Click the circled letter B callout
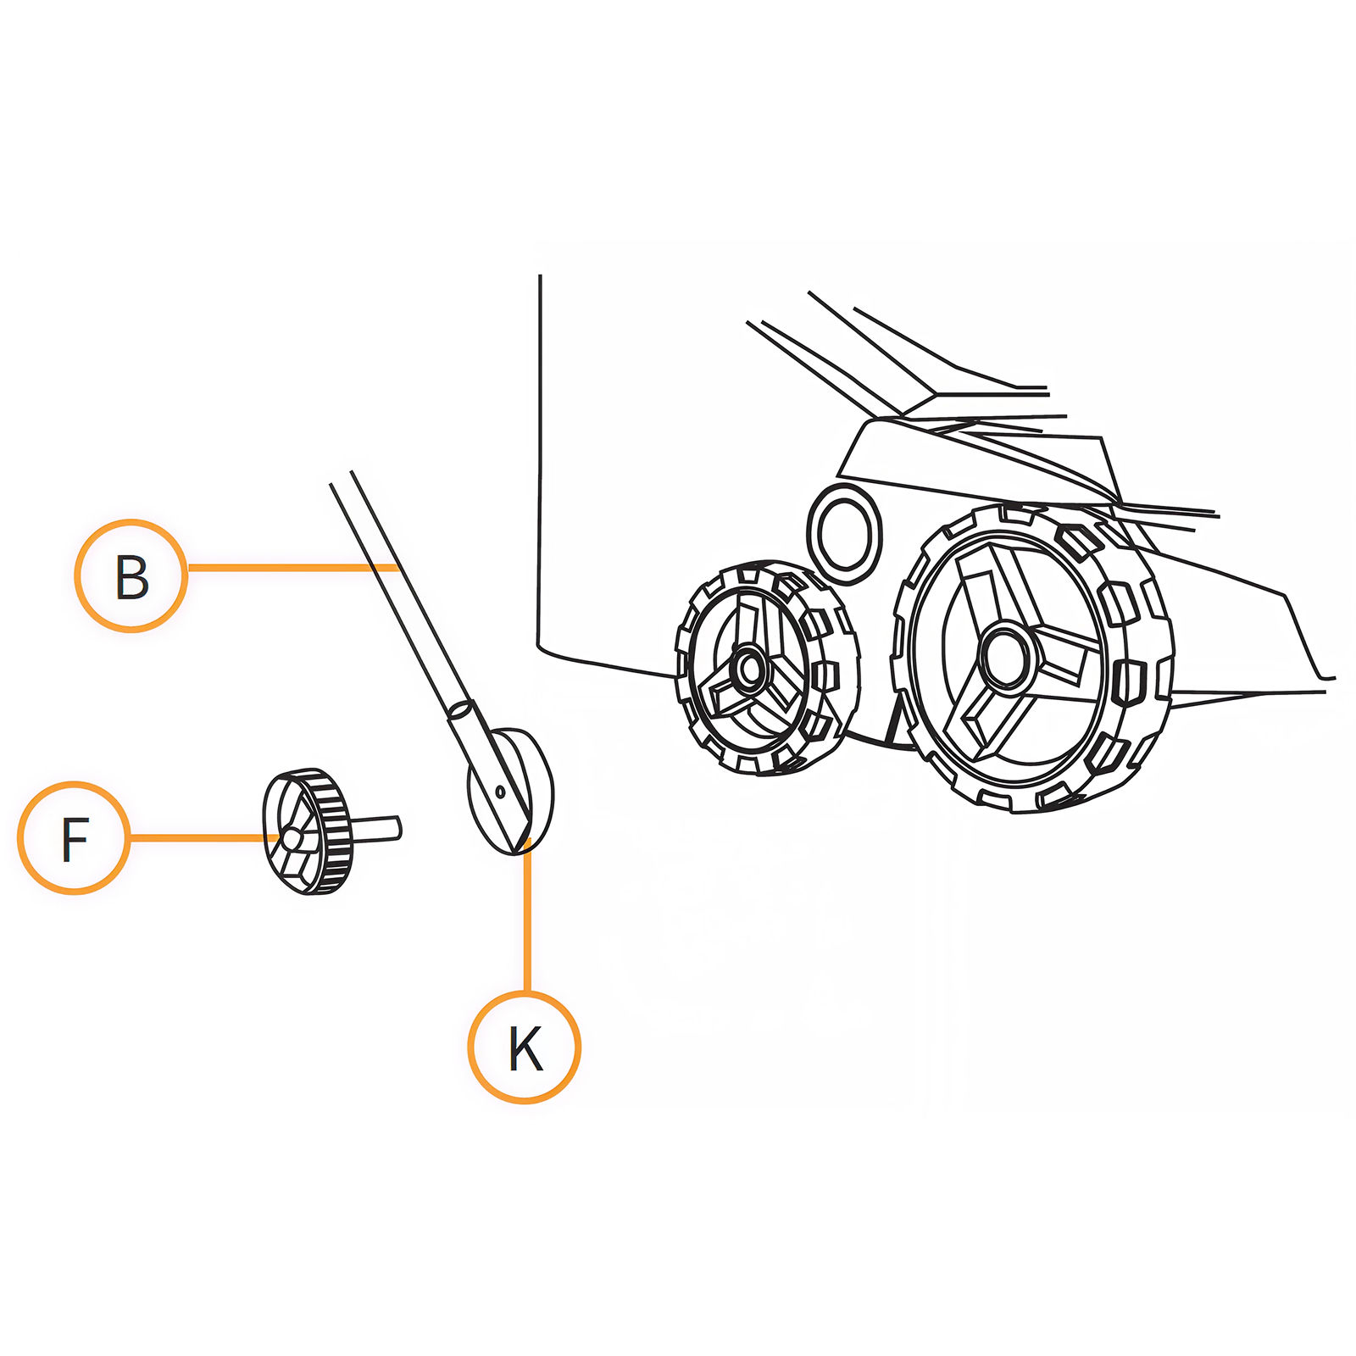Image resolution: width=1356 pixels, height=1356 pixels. [x=131, y=575]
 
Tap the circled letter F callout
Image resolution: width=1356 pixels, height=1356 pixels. [x=75, y=837]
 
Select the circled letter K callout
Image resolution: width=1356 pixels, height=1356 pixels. [x=525, y=1047]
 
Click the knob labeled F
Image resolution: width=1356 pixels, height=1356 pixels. [x=305, y=831]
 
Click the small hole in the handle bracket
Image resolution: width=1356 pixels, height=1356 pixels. [x=500, y=792]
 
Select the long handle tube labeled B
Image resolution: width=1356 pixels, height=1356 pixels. [x=398, y=593]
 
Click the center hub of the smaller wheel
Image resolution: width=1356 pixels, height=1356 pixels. [x=749, y=669]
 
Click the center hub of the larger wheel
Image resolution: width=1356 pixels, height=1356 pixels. [x=1007, y=655]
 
